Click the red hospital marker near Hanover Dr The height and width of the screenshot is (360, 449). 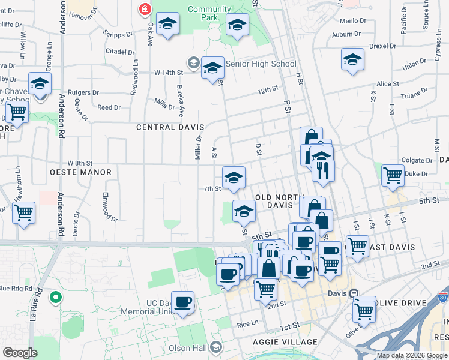145,9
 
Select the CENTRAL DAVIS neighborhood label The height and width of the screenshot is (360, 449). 170,127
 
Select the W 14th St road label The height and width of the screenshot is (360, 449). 168,73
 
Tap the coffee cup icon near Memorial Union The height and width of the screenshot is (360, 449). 182,301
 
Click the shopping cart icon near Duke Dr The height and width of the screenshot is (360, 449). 393,175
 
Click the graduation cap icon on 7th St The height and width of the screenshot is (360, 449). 234,177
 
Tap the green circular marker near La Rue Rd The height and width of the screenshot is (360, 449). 55,296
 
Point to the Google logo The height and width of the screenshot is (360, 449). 20,353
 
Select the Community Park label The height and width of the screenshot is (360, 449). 209,13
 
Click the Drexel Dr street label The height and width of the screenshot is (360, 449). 382,46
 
